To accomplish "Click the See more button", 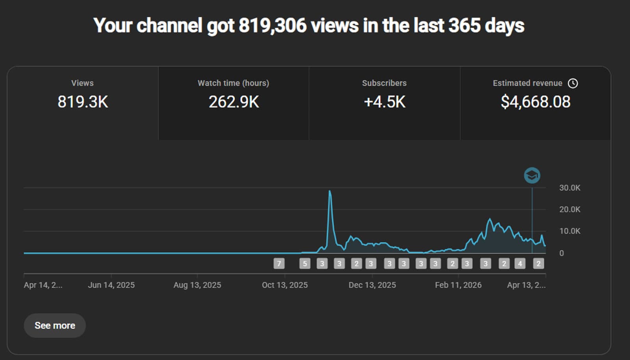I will (x=55, y=325).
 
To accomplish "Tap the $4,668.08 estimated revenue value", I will (x=535, y=102).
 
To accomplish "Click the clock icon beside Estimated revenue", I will (x=573, y=83).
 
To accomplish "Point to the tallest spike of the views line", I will (x=330, y=192).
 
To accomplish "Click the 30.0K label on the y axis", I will (x=569, y=188).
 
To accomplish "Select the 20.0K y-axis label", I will (x=569, y=210).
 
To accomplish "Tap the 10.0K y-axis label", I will (x=569, y=231).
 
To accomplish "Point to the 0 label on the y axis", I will (x=561, y=253).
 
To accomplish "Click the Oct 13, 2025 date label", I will (x=285, y=285).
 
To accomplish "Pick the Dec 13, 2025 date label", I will (x=372, y=285).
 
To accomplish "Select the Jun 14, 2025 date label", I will (x=111, y=285).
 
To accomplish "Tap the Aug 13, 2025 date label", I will (x=197, y=285).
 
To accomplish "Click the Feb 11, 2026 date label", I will (x=458, y=285).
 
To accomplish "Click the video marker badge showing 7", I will (x=279, y=264).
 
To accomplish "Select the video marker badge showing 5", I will (x=305, y=264).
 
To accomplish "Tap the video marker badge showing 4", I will (x=520, y=264).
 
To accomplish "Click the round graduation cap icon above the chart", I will (x=532, y=175).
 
